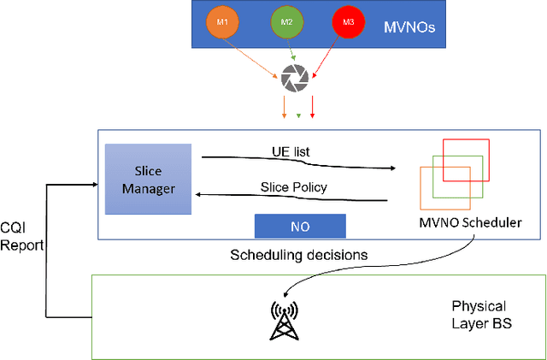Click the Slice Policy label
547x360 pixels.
click(293, 187)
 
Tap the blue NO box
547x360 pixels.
click(300, 226)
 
